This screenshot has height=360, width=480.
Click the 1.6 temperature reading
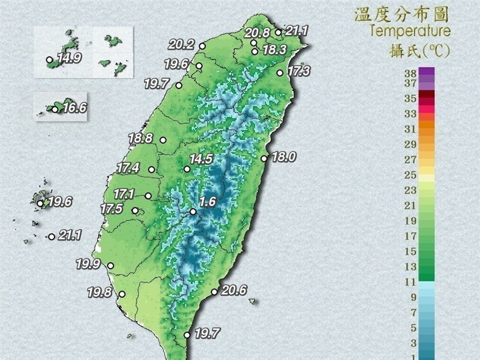point(208,202)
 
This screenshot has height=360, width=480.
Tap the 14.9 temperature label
point(70,59)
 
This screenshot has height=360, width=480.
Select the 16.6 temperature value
point(74,108)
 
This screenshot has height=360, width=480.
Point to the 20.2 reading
point(181,44)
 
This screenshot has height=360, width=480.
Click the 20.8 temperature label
point(257,33)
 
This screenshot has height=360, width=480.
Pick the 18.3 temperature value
point(274,50)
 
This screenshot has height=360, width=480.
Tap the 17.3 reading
point(298,71)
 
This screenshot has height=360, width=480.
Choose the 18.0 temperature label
point(284,157)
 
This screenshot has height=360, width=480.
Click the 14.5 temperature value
point(201,160)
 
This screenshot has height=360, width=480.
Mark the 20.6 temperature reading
point(234,290)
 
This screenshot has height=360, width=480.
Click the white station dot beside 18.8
point(163,140)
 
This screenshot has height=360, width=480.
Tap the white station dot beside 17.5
point(136,210)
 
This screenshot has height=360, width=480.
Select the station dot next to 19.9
point(110,265)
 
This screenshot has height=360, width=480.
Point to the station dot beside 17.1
point(148,196)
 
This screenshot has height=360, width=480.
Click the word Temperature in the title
point(410,30)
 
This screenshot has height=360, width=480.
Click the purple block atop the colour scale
point(427,72)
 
